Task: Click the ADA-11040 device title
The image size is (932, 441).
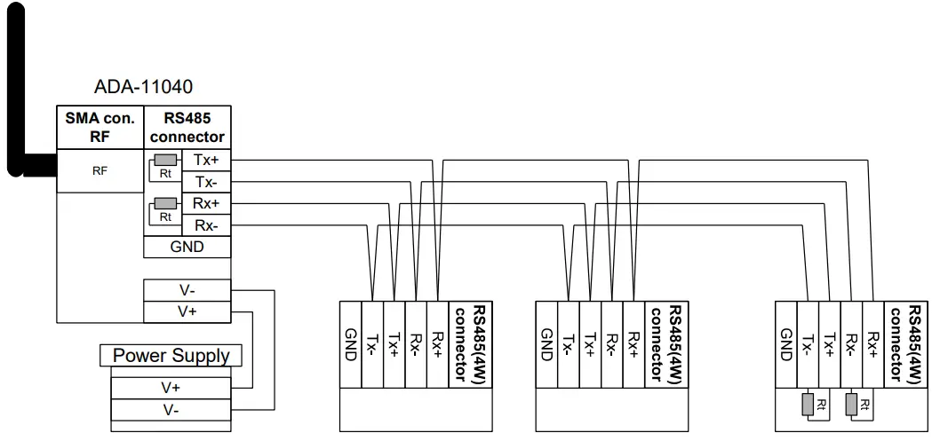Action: pos(143,87)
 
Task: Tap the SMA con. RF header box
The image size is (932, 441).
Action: pos(100,128)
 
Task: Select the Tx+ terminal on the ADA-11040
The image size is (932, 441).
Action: pos(206,161)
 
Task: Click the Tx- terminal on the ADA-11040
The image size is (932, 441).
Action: pos(206,182)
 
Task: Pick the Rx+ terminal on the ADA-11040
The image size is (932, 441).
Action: pos(206,203)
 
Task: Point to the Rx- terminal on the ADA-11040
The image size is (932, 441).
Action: pos(206,224)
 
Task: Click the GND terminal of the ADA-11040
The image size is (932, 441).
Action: pos(187,247)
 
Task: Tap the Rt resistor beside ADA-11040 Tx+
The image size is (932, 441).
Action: pos(165,161)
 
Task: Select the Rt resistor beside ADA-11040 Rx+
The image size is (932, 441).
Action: pos(165,204)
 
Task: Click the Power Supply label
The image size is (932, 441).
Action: pos(171,356)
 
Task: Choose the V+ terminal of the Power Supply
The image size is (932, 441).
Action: pos(171,388)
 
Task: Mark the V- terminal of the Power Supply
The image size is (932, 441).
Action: pos(171,410)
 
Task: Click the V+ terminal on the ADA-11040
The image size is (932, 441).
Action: pos(187,311)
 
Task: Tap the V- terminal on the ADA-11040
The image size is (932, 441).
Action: pos(187,290)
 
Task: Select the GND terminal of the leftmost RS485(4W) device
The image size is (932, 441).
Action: pos(350,343)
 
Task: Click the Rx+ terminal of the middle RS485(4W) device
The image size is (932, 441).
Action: pos(633,343)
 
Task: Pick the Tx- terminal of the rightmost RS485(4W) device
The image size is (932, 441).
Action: pos(807,343)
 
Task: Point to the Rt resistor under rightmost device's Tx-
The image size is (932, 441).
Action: pos(808,405)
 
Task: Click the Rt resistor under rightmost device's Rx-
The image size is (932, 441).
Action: pos(851,405)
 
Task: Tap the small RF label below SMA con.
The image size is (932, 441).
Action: pos(100,171)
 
